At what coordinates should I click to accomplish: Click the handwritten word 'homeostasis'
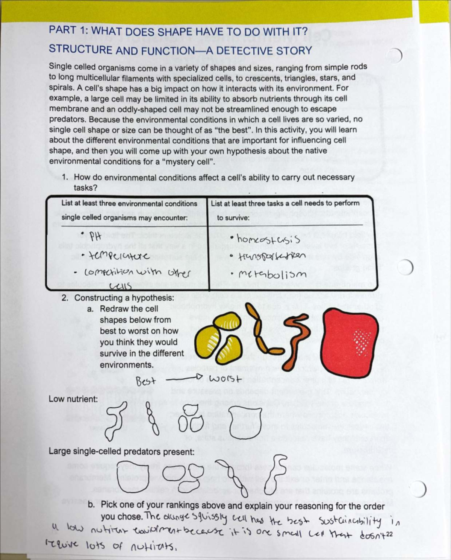268,240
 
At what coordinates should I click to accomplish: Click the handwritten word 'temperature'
117,256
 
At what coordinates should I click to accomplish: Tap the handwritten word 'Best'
145,381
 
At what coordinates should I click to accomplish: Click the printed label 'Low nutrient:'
73,399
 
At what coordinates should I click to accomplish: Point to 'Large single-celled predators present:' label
121,452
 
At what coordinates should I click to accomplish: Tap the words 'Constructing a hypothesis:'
124,298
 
